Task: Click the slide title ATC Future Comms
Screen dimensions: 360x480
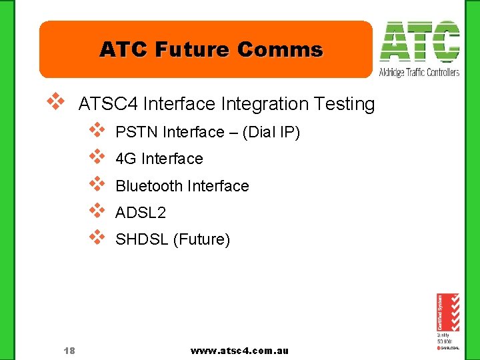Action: click(x=211, y=50)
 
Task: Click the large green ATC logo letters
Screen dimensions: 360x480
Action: click(x=419, y=41)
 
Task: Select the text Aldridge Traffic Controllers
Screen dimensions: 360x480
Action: click(x=419, y=72)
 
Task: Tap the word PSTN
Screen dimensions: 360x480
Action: click(x=133, y=133)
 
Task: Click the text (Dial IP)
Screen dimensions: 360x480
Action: click(x=272, y=133)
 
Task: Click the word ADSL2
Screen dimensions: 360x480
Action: click(x=141, y=213)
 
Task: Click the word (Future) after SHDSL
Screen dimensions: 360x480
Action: click(x=201, y=239)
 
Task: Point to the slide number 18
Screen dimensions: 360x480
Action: click(x=69, y=351)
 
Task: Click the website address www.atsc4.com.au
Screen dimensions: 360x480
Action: click(x=239, y=351)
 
